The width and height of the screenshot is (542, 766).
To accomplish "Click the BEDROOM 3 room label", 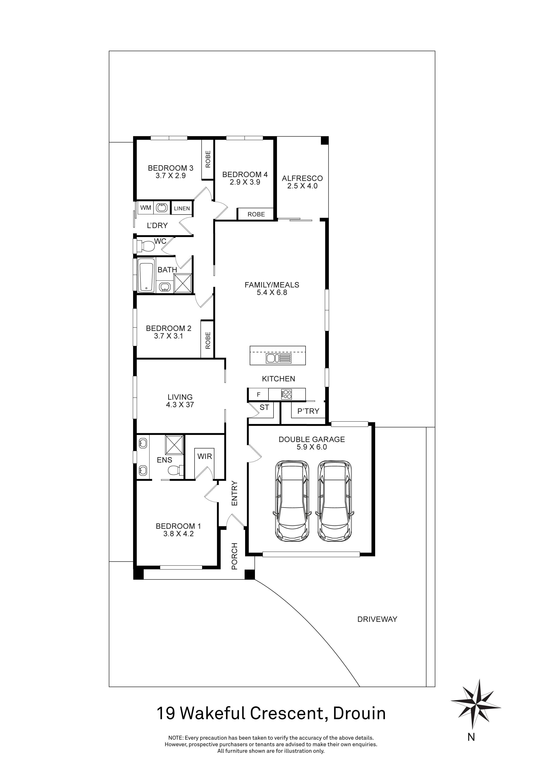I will point(171,168).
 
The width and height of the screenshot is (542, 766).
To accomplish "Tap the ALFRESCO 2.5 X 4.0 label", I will point(302,182).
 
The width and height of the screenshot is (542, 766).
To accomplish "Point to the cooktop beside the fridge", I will point(286,394).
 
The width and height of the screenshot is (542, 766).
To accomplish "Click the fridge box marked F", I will point(258,395).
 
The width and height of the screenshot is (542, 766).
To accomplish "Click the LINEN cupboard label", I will point(182,209).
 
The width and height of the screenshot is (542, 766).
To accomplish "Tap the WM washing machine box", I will point(145,207).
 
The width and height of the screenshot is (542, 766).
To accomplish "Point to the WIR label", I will point(204,456).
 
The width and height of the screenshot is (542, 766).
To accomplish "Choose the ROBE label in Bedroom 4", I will point(256,214).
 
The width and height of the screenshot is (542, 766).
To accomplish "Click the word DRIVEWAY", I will point(377,619).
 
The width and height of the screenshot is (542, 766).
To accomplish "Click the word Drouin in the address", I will point(360,714).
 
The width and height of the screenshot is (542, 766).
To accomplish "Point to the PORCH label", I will point(235,556).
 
